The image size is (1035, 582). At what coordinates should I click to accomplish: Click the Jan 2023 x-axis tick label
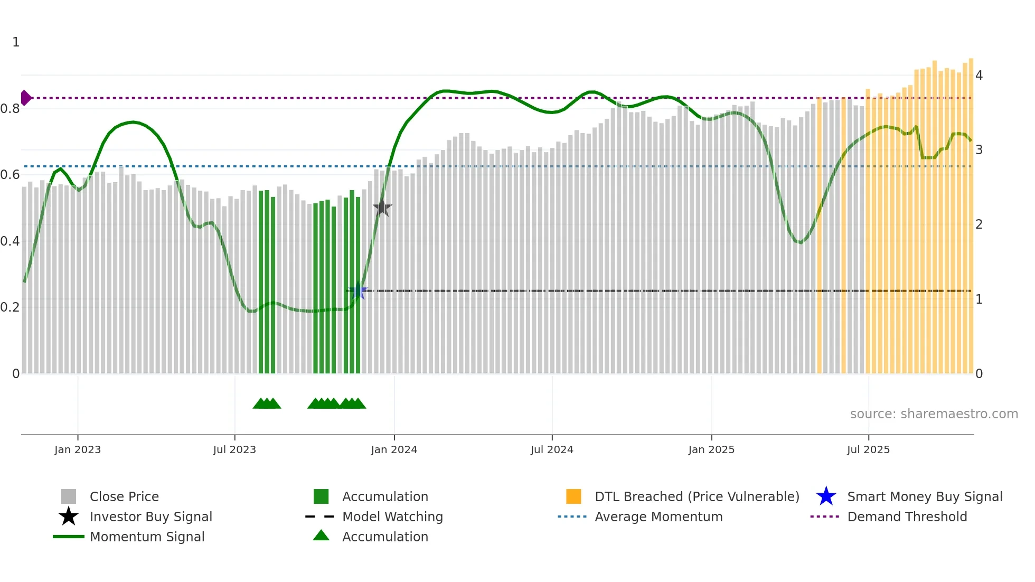point(77,449)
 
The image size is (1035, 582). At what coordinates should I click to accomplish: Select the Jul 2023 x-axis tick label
point(234,449)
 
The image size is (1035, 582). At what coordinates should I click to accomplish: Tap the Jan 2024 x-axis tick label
point(394,449)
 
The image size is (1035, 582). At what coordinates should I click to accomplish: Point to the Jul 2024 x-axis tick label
point(552,449)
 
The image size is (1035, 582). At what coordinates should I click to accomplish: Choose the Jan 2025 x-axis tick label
point(711,449)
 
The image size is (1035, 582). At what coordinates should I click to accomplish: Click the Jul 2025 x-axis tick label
point(868,449)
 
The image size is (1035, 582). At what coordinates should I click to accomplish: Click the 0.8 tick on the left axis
point(10,109)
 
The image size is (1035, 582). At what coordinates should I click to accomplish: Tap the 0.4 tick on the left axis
point(10,241)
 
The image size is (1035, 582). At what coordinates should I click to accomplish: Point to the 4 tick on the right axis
point(979,76)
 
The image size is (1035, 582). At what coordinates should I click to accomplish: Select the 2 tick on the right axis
point(979,224)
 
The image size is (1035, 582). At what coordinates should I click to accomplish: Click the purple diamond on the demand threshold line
point(25,98)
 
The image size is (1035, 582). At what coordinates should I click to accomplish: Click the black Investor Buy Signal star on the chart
point(382,208)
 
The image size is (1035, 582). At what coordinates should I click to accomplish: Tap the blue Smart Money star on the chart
point(358,290)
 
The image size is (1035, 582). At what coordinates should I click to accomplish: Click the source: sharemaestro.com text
point(934,414)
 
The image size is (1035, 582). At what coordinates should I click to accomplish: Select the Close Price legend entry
point(124,496)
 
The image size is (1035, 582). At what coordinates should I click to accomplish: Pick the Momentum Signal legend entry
point(147,537)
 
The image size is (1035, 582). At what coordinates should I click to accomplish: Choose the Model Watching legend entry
point(392,517)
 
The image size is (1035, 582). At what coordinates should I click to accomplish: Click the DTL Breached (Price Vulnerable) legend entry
point(697,496)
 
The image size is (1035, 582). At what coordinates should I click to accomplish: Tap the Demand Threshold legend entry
point(907,517)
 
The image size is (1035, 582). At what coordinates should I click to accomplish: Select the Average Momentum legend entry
point(658,517)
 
